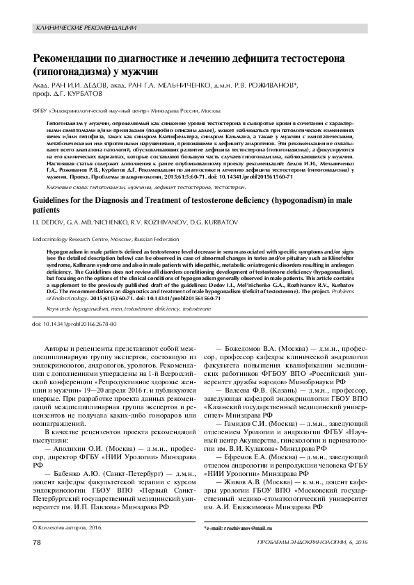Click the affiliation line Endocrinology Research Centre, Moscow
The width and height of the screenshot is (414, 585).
(x=81, y=236)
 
